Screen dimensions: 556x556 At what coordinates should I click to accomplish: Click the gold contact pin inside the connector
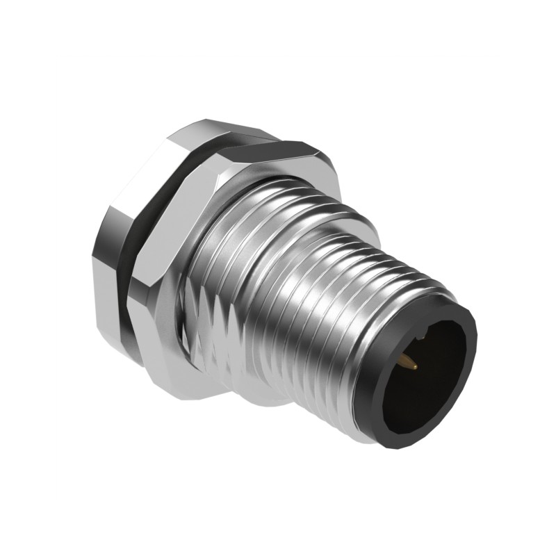click(x=408, y=361)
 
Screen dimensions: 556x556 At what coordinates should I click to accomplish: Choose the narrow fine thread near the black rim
click(x=389, y=278)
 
